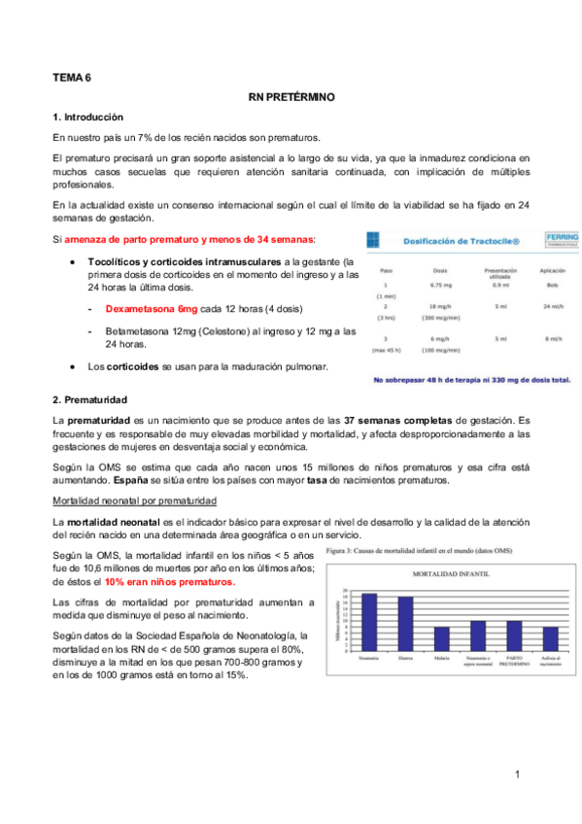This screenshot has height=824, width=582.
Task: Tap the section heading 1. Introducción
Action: click(88, 118)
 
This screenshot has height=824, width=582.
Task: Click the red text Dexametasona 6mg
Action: click(151, 308)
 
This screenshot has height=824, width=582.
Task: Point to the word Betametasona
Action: click(141, 332)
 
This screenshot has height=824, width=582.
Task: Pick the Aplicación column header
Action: click(552, 271)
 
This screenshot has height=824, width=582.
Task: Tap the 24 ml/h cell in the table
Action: click(553, 305)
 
